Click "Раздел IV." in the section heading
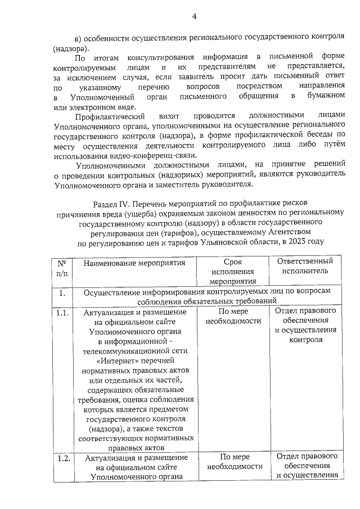click(x=110, y=201)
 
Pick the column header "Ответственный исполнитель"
click(x=306, y=265)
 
